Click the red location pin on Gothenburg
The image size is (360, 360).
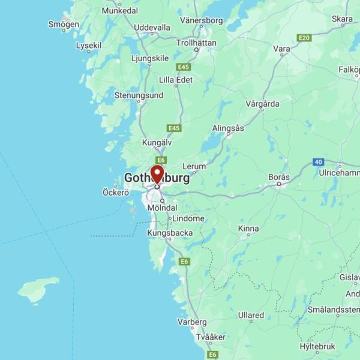[x=157, y=174]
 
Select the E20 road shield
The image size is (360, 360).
[x=304, y=38]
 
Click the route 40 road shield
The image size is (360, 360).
[x=318, y=162]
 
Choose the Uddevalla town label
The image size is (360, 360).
[x=152, y=28]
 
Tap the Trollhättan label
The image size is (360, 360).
[x=196, y=43]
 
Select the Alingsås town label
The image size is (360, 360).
[x=228, y=128]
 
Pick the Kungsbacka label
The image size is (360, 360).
[x=170, y=233]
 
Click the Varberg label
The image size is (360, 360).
[x=192, y=322]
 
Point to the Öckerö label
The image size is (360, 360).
[x=116, y=193]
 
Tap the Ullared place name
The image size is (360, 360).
[x=251, y=315]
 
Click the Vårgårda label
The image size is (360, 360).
[x=262, y=103]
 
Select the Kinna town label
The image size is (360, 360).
[x=248, y=229]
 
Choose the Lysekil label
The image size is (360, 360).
[x=89, y=45]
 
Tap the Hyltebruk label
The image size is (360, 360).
[x=318, y=346]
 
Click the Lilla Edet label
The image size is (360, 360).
[x=176, y=79]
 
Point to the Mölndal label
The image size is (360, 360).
[x=162, y=208]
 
